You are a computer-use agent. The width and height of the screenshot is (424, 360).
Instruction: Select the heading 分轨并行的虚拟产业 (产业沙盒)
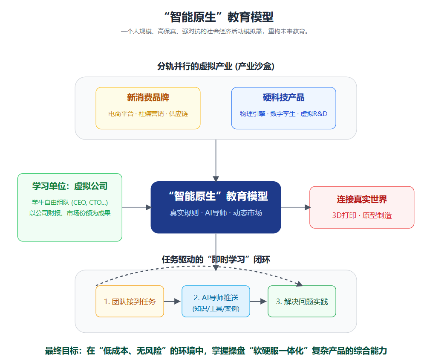point(216,66)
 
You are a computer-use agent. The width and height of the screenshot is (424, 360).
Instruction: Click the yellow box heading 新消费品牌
point(148,97)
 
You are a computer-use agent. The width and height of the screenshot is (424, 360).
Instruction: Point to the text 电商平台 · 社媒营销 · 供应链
point(148,114)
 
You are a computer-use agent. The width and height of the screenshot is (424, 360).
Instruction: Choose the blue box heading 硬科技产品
point(283,97)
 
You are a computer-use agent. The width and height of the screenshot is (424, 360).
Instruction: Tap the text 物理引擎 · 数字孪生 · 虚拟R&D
point(283,114)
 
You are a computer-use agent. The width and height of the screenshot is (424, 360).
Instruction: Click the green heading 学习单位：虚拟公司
point(70,186)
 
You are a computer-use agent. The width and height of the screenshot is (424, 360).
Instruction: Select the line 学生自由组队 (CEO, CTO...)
point(70,202)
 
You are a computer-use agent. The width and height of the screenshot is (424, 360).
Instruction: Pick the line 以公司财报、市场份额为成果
point(70,213)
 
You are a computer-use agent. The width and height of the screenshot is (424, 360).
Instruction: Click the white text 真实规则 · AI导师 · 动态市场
point(216,213)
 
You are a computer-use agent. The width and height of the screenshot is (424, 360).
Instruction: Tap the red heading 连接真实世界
point(362,199)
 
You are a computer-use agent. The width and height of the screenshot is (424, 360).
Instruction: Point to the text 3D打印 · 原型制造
point(362,215)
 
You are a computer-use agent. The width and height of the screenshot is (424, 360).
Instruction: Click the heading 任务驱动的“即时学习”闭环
point(216,259)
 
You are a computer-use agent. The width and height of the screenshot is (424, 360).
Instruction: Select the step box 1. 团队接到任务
point(130,301)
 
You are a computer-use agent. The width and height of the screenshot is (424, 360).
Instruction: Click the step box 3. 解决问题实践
point(302,301)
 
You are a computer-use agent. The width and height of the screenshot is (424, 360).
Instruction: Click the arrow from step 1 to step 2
point(173,301)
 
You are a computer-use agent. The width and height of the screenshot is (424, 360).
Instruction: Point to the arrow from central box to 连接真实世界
point(295,207)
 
